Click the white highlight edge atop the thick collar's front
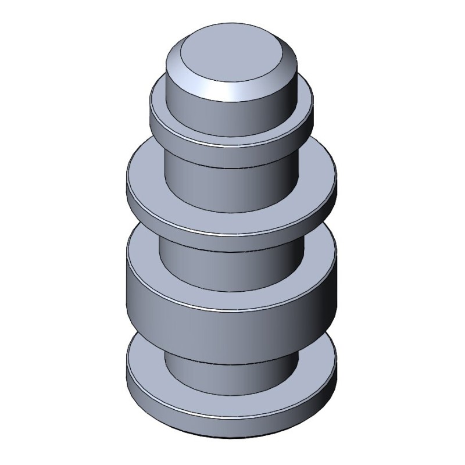233,309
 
